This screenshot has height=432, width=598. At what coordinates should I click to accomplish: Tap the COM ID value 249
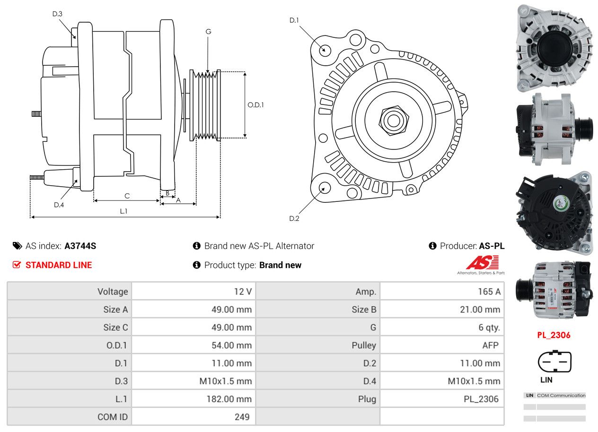pos(241,417)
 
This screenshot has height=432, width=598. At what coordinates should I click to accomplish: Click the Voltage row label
pos(113,292)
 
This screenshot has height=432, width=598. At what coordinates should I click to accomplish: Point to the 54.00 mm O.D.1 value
pos(231,346)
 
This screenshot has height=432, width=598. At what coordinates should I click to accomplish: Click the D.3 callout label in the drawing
pos(57,14)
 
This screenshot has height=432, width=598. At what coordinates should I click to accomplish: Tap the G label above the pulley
pos(208,32)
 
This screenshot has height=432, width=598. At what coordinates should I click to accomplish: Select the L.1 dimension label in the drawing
pos(123,211)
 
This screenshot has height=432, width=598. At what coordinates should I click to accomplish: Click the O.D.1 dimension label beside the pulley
pos(255,105)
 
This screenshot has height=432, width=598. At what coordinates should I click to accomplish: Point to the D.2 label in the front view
pos(294,218)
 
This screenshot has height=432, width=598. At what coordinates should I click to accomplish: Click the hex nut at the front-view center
pos(392,120)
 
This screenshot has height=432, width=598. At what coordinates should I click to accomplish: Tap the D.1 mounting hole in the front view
pos(325,50)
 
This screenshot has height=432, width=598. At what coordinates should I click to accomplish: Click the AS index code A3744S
pos(80,246)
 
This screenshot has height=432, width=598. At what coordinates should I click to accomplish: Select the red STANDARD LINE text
pos(59,265)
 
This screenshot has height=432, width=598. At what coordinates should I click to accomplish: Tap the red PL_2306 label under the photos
pos(554,335)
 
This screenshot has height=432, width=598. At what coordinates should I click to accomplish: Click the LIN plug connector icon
pos(554,363)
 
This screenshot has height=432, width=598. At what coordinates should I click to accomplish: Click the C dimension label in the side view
pos(127,196)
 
